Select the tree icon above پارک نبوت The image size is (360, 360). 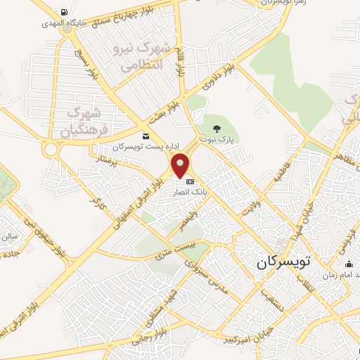(217, 127)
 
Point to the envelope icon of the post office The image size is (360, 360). (146, 136)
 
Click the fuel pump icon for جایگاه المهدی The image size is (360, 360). (65, 12)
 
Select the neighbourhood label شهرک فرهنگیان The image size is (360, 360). (82, 121)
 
